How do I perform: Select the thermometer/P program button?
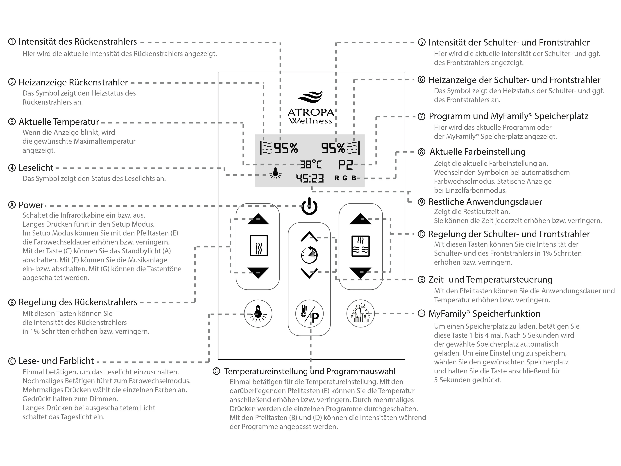[309, 314]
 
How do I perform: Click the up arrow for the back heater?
[258, 219]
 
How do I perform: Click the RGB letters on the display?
[345, 178]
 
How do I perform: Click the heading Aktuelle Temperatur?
[59, 122]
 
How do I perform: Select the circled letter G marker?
[216, 371]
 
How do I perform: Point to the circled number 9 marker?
[421, 202]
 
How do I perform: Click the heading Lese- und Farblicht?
[56, 361]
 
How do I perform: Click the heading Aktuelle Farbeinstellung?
[478, 152]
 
